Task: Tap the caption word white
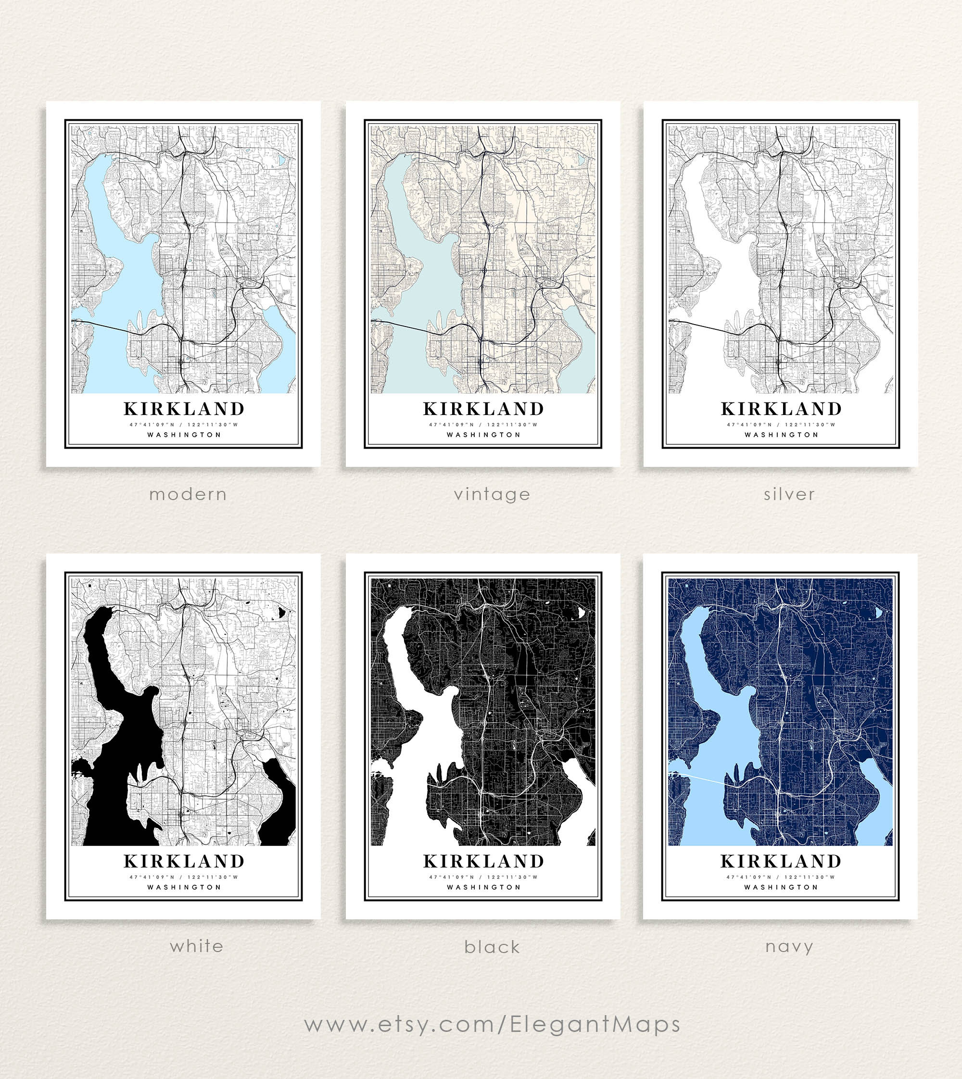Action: click(197, 946)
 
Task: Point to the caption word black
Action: click(492, 947)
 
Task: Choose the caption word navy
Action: click(789, 946)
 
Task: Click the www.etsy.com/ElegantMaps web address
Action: click(492, 1024)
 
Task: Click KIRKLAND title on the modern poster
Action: click(184, 409)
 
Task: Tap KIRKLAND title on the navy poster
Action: click(781, 861)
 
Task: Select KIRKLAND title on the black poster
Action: click(483, 861)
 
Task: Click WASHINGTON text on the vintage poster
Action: click(483, 435)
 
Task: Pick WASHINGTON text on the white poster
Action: click(184, 887)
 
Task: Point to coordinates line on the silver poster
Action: click(781, 424)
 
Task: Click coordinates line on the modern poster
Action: click(184, 424)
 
